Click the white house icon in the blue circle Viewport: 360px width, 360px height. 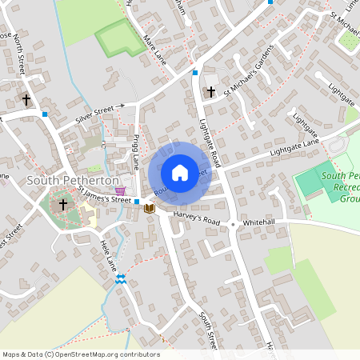tap(180, 173)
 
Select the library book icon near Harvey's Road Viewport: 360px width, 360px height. tap(149, 208)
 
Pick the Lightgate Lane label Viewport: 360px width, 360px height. tap(294, 146)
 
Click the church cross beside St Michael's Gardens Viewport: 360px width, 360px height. tap(210, 92)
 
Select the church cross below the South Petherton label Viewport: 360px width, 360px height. tap(63, 205)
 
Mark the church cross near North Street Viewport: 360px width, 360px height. tap(26, 100)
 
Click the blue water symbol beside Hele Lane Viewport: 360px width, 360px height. tap(120, 278)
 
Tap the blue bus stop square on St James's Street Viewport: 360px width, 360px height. tap(138, 202)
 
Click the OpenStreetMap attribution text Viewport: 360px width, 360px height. tap(80, 354)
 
